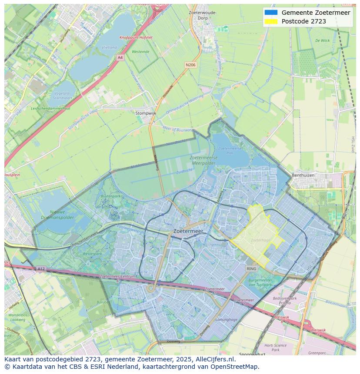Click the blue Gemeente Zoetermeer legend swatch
click(270, 13)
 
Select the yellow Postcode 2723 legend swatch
click(270, 21)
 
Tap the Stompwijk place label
click(146, 113)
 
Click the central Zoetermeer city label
click(188, 232)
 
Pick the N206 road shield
click(190, 65)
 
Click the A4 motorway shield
click(120, 57)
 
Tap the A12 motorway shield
click(41, 269)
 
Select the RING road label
click(251, 269)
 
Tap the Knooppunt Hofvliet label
click(136, 37)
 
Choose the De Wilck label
click(322, 40)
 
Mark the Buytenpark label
click(110, 196)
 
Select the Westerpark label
click(92, 253)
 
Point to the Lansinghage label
click(227, 320)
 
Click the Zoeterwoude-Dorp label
click(203, 16)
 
